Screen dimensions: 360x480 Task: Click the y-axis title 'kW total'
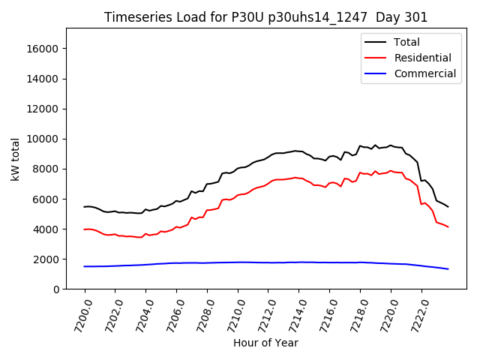[x=15, y=159]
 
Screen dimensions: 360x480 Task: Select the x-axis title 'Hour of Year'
[x=265, y=343]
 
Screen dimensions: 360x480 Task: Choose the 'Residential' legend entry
[x=422, y=58]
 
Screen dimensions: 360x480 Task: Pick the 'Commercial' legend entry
[x=424, y=73]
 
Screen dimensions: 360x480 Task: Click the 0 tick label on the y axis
[x=56, y=289]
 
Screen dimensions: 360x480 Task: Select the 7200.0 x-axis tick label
[x=78, y=315]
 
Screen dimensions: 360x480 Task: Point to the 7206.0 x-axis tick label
[x=169, y=315]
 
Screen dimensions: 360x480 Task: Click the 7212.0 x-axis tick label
[x=261, y=315]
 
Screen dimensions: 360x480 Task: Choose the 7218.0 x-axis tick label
[x=352, y=315]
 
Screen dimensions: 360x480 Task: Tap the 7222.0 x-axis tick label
[x=414, y=315]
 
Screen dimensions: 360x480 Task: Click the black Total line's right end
[x=448, y=206]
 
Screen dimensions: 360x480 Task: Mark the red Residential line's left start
[x=85, y=229]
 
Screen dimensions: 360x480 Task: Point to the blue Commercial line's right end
[x=448, y=268]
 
